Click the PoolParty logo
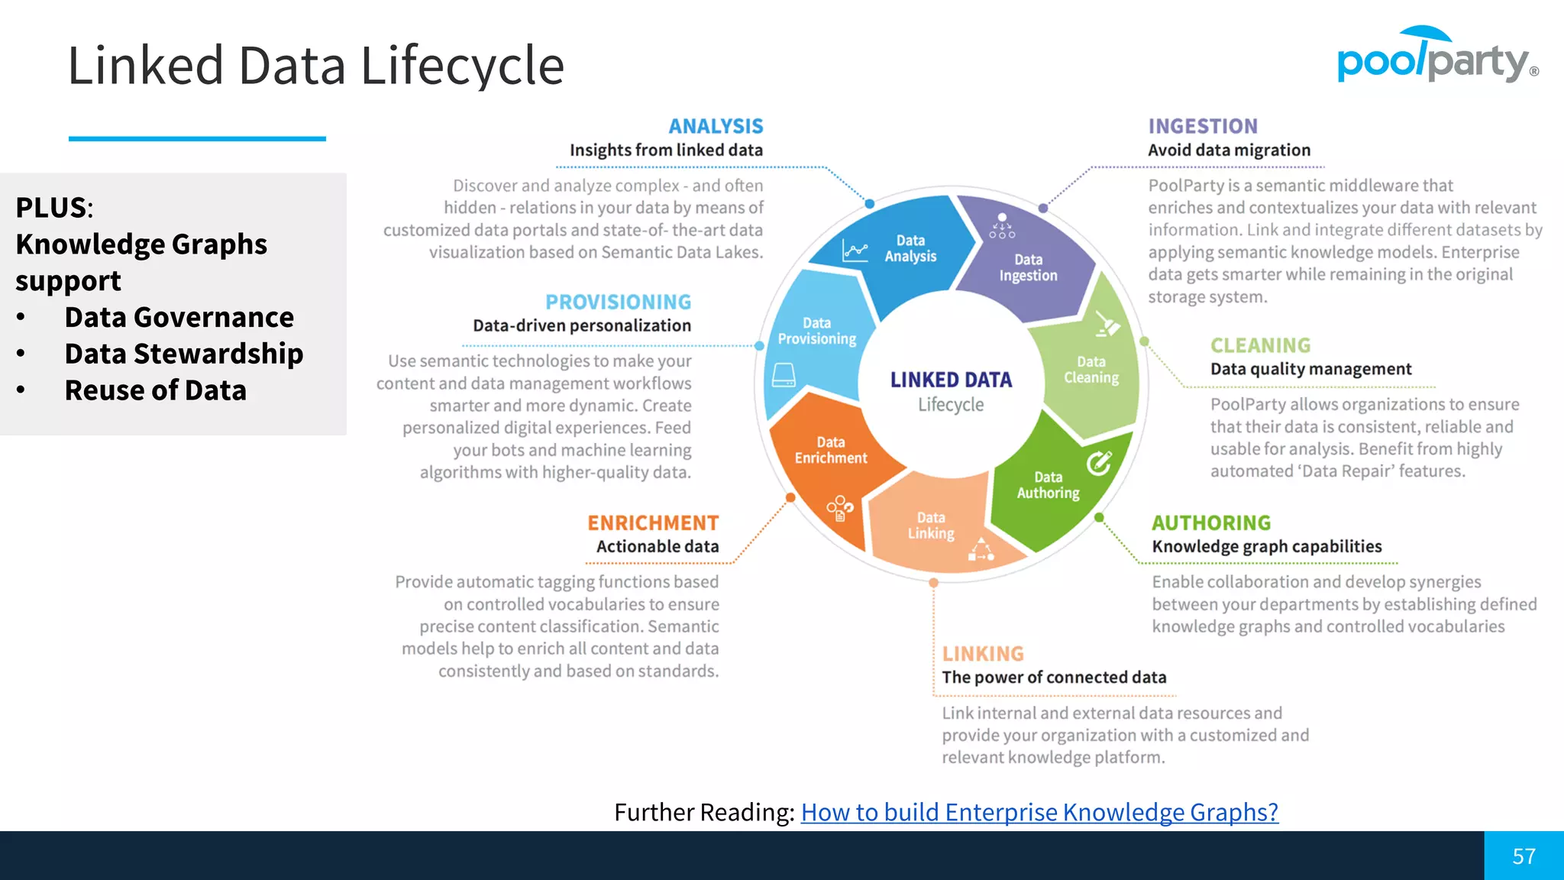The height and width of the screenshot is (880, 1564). coord(1436,57)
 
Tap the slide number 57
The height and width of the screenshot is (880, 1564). coord(1524,856)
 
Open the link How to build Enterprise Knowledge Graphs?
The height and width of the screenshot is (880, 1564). coord(1039,812)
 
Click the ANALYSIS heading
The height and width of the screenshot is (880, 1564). coord(716,126)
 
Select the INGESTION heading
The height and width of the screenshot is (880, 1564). coord(1203,126)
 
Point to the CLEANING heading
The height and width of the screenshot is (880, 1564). coord(1260,345)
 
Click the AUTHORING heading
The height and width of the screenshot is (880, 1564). coord(1211,523)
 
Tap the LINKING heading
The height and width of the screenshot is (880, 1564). coord(983,654)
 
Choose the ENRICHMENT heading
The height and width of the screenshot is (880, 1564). coord(653,523)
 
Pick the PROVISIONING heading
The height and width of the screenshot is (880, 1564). coord(618,302)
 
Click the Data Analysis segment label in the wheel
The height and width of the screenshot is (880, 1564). coord(910,248)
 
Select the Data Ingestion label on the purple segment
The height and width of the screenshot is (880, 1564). coord(1028,267)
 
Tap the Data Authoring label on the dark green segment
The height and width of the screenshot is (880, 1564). coord(1048,485)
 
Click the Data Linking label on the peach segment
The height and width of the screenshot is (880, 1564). coord(931,526)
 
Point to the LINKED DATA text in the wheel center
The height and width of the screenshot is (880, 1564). coord(951,380)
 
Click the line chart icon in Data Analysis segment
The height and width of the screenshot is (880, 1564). coord(855,250)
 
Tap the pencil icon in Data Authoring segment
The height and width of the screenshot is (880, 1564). coord(1099,462)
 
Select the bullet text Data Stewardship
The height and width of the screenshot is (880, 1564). coord(183,354)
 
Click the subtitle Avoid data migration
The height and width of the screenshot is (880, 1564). coord(1229,150)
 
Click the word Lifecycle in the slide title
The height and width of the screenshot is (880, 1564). coord(462,66)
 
